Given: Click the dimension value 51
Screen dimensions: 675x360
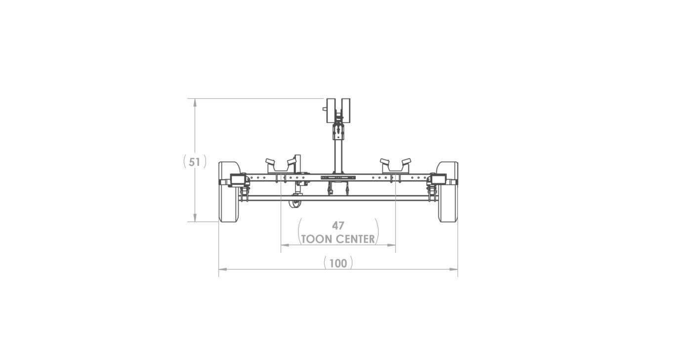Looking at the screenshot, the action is (194, 162).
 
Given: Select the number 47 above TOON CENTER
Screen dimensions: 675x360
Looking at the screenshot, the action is (338, 226).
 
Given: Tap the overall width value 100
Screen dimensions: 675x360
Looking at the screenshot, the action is (338, 264).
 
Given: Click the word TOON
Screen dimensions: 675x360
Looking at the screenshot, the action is (318, 239).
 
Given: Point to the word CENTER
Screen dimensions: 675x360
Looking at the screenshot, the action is (356, 239).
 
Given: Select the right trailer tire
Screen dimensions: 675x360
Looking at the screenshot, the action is (448, 192).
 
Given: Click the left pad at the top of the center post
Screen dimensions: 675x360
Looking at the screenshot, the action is (332, 111).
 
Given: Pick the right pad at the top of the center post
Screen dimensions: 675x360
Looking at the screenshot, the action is (346, 111).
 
